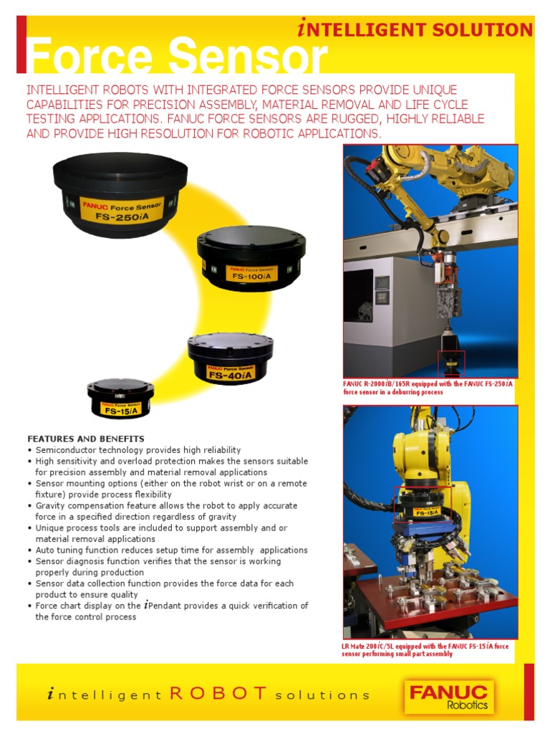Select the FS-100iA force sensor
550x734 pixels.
click(x=251, y=259)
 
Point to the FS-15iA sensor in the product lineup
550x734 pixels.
click(x=120, y=399)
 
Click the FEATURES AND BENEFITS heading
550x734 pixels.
click(x=86, y=438)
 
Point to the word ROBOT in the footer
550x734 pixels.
click(x=218, y=694)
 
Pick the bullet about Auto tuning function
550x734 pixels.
click(x=171, y=550)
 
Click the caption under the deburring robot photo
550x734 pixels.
click(x=428, y=388)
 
